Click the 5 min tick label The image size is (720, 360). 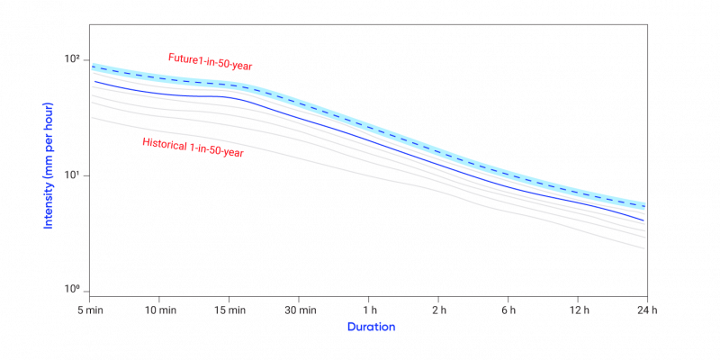click(x=90, y=310)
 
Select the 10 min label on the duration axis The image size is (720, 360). click(x=159, y=310)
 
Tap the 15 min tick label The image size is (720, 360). click(x=229, y=310)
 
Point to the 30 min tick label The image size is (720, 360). click(x=299, y=310)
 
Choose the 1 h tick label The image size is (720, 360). click(x=369, y=310)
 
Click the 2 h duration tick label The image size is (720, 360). click(x=438, y=310)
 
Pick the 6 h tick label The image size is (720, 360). click(x=508, y=310)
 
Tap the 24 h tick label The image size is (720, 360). click(x=646, y=310)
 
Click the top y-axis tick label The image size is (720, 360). click(x=74, y=59)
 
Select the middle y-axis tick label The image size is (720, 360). click(x=74, y=175)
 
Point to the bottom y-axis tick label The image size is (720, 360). click(x=74, y=290)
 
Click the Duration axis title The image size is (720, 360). click(x=371, y=327)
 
